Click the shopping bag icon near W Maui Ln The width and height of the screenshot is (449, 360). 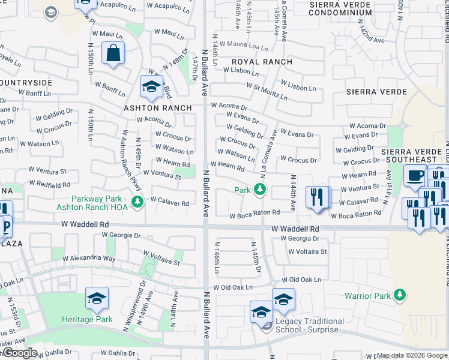[x=112, y=53]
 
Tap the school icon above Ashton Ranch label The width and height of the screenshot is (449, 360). [x=151, y=87]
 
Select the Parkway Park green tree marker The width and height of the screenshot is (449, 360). [x=138, y=201]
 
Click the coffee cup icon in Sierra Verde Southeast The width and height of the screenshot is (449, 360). [x=415, y=175]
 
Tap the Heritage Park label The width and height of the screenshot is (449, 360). [x=87, y=319]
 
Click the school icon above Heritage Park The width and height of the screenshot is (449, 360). [x=97, y=299]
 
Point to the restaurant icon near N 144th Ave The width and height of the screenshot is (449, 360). [x=317, y=197]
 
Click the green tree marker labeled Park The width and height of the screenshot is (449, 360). [x=260, y=190]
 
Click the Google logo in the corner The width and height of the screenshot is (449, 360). [x=20, y=353]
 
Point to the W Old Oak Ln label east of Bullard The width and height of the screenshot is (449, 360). [x=232, y=287]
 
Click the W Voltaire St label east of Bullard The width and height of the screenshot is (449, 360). [x=307, y=251]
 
